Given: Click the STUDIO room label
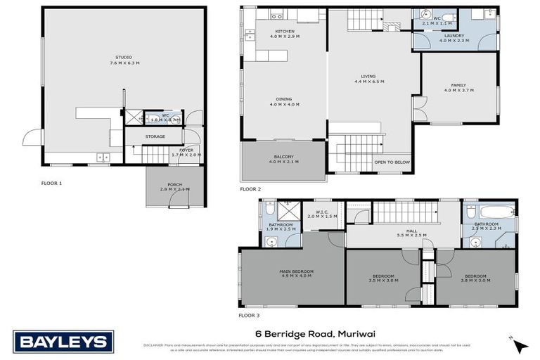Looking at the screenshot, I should [123, 56].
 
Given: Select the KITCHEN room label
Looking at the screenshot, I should [284, 32].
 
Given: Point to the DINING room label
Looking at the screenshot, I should [284, 100].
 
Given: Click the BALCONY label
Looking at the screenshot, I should [284, 156].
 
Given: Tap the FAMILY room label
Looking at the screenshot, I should [458, 86].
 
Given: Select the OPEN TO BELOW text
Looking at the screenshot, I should [392, 162].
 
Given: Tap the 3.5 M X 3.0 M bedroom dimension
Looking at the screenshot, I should [383, 281].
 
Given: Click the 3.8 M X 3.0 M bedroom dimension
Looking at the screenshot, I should [475, 281].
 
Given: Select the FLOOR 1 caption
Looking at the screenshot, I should [51, 183].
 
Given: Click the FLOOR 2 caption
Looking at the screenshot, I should [250, 189].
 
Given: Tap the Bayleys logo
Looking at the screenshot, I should [64, 342].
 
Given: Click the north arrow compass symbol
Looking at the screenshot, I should [520, 345].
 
